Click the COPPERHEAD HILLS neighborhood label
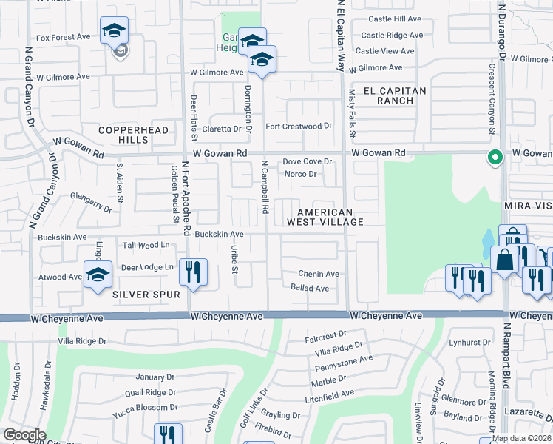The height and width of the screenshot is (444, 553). tap(123, 134)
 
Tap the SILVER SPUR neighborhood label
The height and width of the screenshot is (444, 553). tap(146, 295)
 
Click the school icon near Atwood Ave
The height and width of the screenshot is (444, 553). tap(98, 277)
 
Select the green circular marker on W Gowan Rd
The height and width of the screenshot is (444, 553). tap(495, 157)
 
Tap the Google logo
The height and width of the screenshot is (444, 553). tap(24, 435)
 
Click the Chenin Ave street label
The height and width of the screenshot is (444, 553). tap(319, 274)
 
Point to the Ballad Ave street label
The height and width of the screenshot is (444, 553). tap(310, 288)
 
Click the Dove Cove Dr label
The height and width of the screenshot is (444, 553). tap(308, 161)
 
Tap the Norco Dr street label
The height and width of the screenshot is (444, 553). tap(301, 175)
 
